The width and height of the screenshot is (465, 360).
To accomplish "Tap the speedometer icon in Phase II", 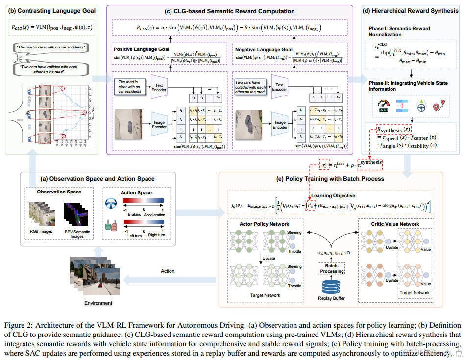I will tap(383, 105).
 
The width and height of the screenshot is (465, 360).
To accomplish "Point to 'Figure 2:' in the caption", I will tap(18, 325).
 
